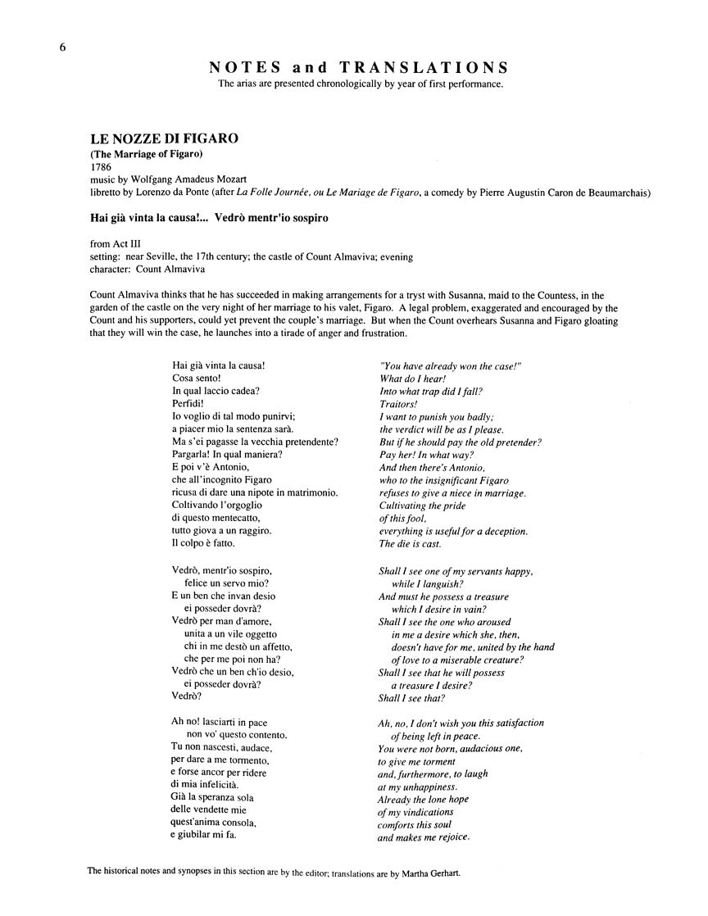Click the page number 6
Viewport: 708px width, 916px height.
[62, 48]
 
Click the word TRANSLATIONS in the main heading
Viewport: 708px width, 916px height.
[425, 67]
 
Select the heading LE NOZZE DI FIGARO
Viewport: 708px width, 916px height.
[165, 138]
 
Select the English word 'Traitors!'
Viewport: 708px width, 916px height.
[399, 404]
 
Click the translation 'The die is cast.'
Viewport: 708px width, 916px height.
[410, 543]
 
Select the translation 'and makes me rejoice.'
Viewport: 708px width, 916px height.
[424, 837]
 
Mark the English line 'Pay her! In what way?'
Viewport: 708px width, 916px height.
[427, 455]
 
